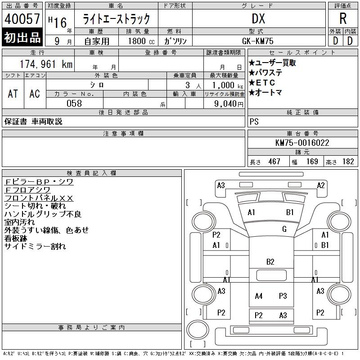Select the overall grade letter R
coord(343,18)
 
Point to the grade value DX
coord(258,18)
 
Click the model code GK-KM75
coord(258,40)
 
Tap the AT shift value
coord(13,93)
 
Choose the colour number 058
coord(74,103)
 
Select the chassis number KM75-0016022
coord(302,143)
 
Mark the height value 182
coord(347,162)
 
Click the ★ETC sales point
coord(262,83)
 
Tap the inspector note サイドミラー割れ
coord(35,246)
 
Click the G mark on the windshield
coord(284,229)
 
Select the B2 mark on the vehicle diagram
coord(270,261)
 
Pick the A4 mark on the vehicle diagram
coord(258,296)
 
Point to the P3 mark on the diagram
coord(283,296)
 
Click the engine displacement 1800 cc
coord(141,40)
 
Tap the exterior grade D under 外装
coord(335,40)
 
